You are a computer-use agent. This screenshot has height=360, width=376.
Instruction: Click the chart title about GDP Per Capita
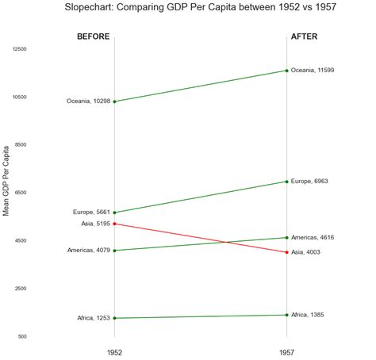[x=200, y=8]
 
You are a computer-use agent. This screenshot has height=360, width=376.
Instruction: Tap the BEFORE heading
[x=94, y=36]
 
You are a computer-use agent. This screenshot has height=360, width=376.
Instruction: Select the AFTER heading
[x=305, y=36]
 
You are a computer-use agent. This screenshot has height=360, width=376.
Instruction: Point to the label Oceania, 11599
[x=313, y=71]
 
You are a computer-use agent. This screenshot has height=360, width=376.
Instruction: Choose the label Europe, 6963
[x=309, y=182]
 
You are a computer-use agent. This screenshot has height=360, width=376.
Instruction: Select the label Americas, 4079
[x=88, y=251]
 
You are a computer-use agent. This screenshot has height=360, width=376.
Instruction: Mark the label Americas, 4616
[x=313, y=237]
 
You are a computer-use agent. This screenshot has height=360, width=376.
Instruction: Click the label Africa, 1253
[x=93, y=318]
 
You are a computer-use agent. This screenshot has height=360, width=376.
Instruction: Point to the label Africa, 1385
[x=309, y=315]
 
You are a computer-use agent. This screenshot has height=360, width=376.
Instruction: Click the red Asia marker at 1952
[x=115, y=224]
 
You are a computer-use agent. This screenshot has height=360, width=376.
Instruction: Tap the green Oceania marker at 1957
[x=287, y=71]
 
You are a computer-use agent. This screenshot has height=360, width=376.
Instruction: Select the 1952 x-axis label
[x=115, y=351]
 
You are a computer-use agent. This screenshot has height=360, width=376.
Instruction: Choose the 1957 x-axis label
[x=287, y=351]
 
